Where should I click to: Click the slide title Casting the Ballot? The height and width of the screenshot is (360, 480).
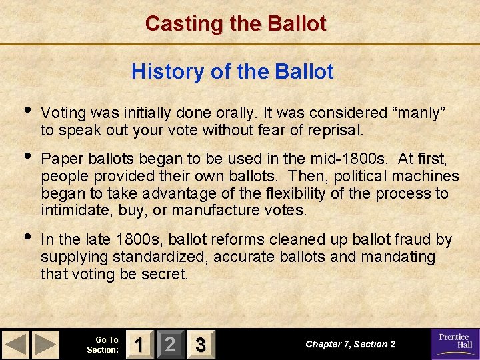click(x=236, y=24)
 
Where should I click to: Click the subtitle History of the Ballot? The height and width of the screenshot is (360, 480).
click(x=233, y=71)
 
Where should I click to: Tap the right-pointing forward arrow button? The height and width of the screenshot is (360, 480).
click(x=46, y=344)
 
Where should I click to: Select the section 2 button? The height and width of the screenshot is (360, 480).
click(x=169, y=345)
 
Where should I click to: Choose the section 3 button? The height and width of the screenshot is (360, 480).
click(x=199, y=345)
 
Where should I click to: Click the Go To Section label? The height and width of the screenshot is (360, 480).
click(x=103, y=345)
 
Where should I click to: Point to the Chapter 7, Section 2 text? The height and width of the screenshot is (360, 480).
click(x=350, y=344)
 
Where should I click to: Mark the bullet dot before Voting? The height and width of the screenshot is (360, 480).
click(x=26, y=111)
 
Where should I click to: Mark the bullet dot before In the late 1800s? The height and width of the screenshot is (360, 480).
click(x=26, y=237)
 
